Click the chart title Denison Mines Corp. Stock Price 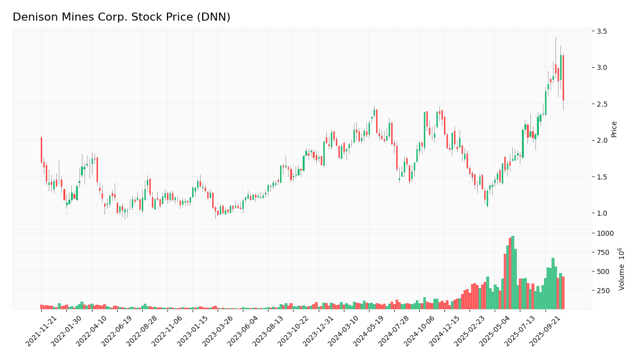(121, 18)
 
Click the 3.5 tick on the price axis (602, 31)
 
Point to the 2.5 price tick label (602, 104)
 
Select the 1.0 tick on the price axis (602, 213)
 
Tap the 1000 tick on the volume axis (605, 233)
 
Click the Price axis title (614, 129)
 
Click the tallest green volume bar (512, 273)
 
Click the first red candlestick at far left (41, 150)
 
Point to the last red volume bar (563, 293)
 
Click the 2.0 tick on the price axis (602, 140)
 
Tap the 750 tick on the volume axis (603, 252)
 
